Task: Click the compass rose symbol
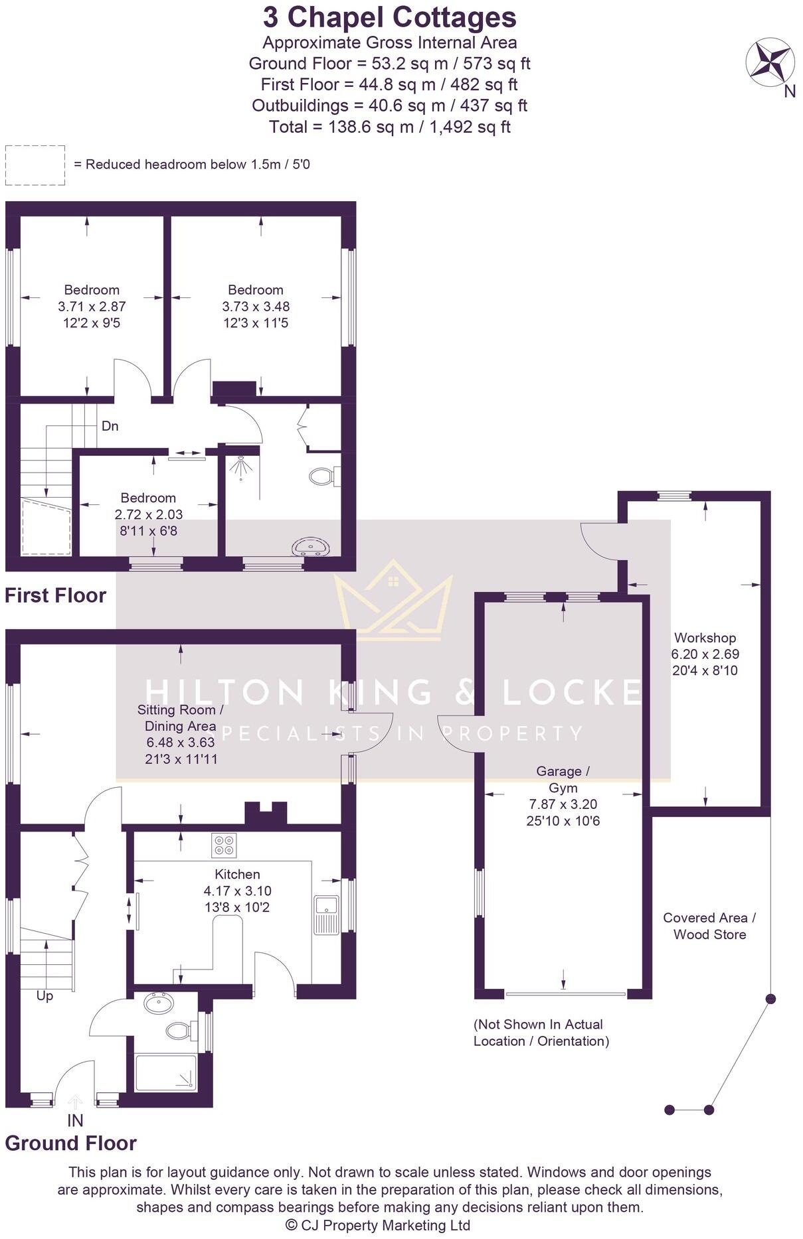[x=770, y=63]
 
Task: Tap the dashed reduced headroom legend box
[x=35, y=165]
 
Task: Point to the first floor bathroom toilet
[x=323, y=476]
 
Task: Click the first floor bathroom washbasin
[x=310, y=547]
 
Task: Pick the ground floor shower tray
[x=165, y=1073]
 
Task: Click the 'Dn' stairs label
[x=110, y=426]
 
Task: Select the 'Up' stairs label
[x=45, y=995]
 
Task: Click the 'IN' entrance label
[x=75, y=1120]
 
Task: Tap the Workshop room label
[x=705, y=638]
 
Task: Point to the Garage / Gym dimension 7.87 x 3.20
[x=563, y=804]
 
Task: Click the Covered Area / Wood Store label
[x=709, y=926]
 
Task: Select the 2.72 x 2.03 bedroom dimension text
[x=148, y=514]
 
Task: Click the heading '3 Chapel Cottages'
[x=389, y=17]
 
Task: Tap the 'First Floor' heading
[x=55, y=595]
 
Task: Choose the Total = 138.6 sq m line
[x=389, y=127]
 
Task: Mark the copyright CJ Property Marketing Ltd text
[x=377, y=1225]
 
